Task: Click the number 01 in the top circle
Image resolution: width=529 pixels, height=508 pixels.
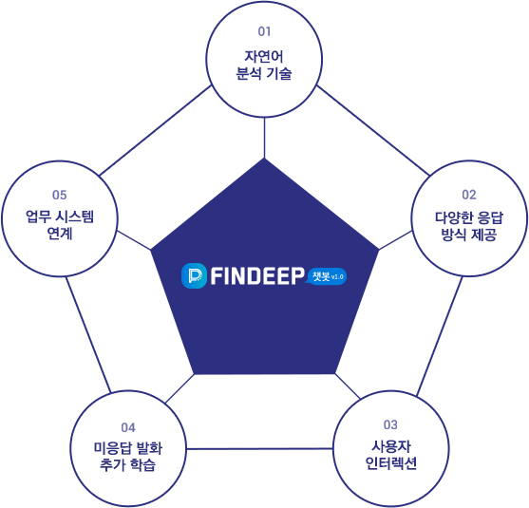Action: [264, 31]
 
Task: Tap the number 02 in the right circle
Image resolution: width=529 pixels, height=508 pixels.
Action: [469, 195]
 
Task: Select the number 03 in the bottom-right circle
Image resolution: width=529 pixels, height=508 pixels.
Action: [390, 424]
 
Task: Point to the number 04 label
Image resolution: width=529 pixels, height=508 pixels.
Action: [128, 427]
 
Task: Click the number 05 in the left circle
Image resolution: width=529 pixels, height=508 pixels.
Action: [60, 195]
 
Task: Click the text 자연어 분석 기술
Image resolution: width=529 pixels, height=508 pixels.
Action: [264, 65]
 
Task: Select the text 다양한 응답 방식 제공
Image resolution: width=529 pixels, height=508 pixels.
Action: [469, 226]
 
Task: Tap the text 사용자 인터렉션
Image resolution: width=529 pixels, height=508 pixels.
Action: [390, 455]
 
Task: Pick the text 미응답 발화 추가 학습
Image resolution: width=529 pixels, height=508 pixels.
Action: [128, 457]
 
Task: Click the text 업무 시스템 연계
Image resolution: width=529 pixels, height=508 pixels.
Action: [60, 225]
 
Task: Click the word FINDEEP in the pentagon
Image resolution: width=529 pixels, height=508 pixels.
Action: [257, 276]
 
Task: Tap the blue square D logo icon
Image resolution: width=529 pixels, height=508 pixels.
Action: [194, 276]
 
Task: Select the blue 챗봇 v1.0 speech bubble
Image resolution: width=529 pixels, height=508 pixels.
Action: [327, 276]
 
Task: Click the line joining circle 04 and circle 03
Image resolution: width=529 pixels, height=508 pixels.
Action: [259, 448]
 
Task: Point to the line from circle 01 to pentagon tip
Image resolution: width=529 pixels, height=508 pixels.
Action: [264, 138]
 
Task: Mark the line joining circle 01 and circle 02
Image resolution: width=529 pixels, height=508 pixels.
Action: [373, 130]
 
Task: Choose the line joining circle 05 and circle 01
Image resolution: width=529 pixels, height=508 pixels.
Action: [156, 130]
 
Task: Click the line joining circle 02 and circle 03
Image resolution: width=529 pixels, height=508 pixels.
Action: [440, 336]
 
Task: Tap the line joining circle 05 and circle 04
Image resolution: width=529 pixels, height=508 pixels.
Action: [88, 334]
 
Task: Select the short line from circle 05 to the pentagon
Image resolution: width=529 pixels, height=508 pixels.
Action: [134, 240]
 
